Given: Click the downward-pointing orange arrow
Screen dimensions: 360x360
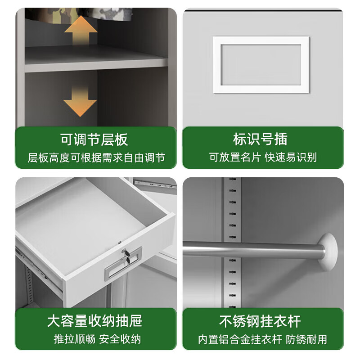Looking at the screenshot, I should click(80, 102).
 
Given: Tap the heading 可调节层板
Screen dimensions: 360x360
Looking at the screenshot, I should click(94, 139).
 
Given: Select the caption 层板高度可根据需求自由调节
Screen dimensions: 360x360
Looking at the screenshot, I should click(96, 157).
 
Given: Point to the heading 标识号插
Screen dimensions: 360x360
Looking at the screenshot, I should click(260, 139).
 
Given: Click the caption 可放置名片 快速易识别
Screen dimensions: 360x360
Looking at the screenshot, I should click(263, 157).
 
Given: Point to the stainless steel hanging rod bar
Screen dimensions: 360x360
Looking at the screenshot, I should click(252, 249).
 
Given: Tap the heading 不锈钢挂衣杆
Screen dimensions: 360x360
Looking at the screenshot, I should click(260, 321).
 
